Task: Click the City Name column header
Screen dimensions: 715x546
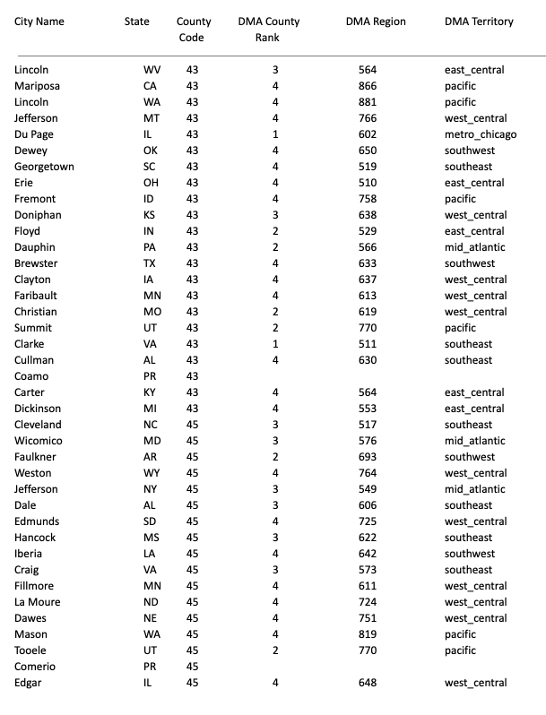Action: [x=39, y=22]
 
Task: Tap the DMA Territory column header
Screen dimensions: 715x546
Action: [x=479, y=22]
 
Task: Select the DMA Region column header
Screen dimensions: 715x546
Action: [x=376, y=22]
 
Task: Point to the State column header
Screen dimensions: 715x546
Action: [x=137, y=22]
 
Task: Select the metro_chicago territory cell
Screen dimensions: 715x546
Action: [x=480, y=134]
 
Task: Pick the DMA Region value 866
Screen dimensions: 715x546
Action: [x=368, y=86]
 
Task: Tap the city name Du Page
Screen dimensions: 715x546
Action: [x=34, y=134]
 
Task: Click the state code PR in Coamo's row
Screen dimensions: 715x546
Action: [x=151, y=376]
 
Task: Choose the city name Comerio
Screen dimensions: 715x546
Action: [x=35, y=667]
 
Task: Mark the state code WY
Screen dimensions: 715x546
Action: [x=151, y=473]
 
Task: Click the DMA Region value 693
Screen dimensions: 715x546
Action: [x=368, y=457]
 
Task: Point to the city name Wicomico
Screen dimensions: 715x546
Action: [x=38, y=441]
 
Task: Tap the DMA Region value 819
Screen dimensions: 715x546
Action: [x=368, y=634]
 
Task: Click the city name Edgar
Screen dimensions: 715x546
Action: [x=29, y=683]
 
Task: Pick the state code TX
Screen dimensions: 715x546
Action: [x=151, y=263]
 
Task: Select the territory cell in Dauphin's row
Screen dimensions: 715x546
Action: [x=474, y=247]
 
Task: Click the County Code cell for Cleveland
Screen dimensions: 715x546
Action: [x=192, y=425]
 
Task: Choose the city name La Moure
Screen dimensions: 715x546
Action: [x=38, y=602]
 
